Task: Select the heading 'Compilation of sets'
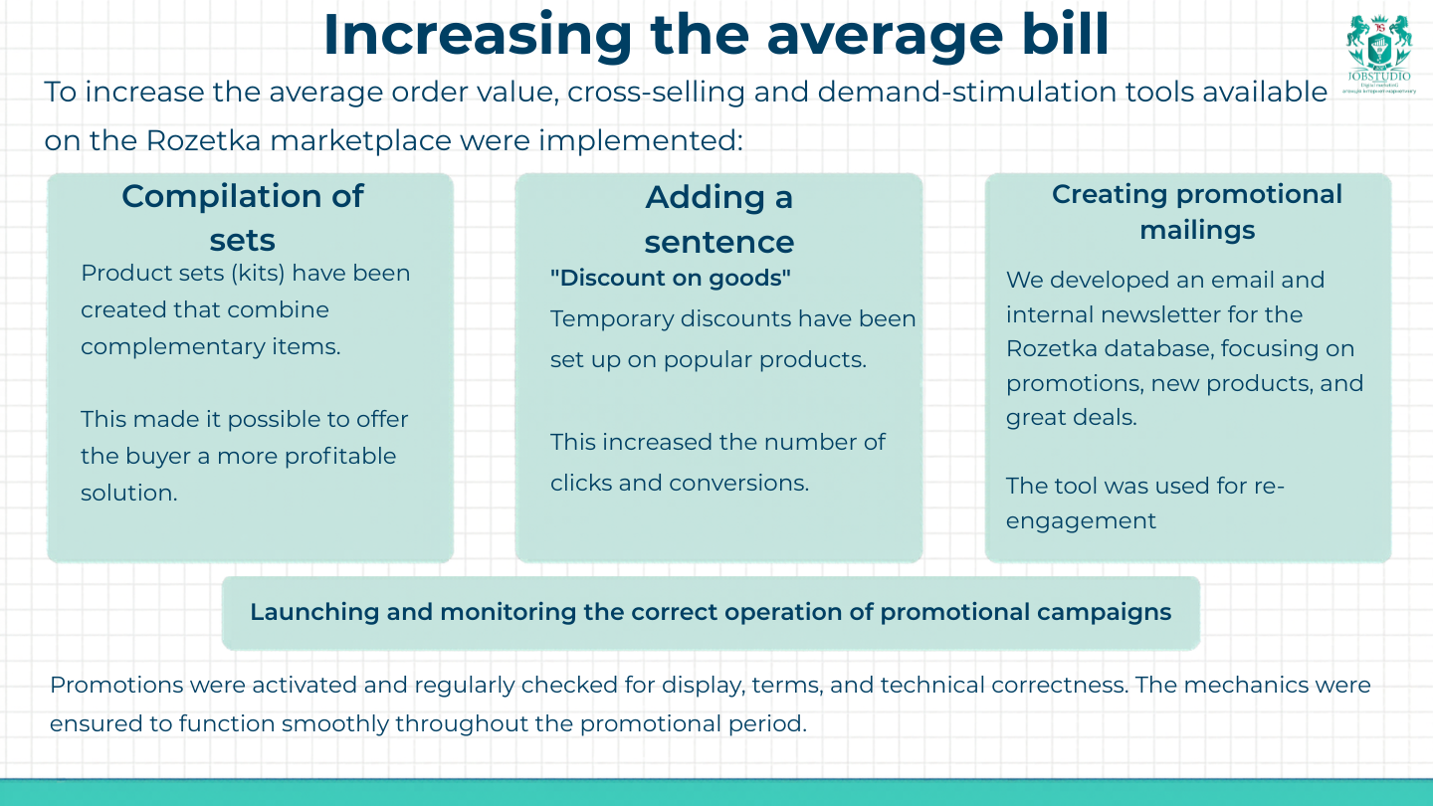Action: tap(243, 217)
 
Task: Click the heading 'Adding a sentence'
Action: tap(718, 219)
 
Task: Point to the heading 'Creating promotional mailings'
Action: tap(1197, 212)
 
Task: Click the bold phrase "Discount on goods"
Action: tap(670, 279)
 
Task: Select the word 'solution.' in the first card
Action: tap(128, 493)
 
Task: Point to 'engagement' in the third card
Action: tap(1081, 520)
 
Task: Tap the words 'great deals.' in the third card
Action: tap(1071, 417)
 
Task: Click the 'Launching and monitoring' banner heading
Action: tap(710, 612)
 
